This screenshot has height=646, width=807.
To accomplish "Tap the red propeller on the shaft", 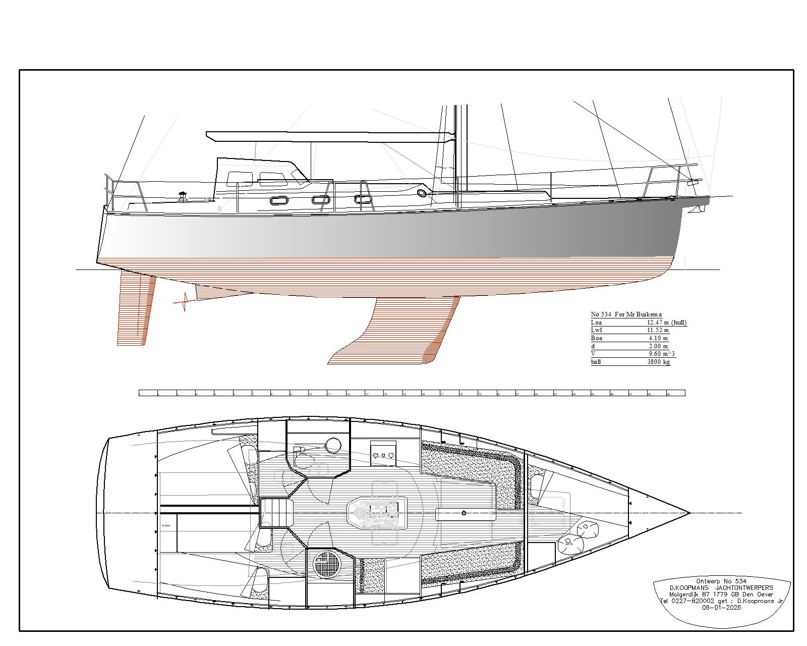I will click(x=184, y=302).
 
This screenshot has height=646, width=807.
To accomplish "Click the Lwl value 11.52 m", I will click(x=658, y=330).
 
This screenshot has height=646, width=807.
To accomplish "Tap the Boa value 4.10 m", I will click(x=658, y=338).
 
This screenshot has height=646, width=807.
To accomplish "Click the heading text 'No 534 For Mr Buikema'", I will click(x=626, y=314).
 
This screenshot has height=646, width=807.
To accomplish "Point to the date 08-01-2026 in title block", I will click(x=721, y=608).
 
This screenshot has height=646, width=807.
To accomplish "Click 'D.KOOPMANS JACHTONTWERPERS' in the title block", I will click(x=721, y=588).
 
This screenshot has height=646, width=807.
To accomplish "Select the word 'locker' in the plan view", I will click(x=166, y=525).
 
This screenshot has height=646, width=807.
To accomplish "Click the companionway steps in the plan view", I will click(x=277, y=512).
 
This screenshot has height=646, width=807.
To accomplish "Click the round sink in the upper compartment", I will click(x=333, y=445).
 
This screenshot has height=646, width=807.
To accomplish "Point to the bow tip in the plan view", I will click(x=689, y=513).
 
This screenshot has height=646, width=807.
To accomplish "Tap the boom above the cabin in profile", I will click(x=328, y=136).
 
